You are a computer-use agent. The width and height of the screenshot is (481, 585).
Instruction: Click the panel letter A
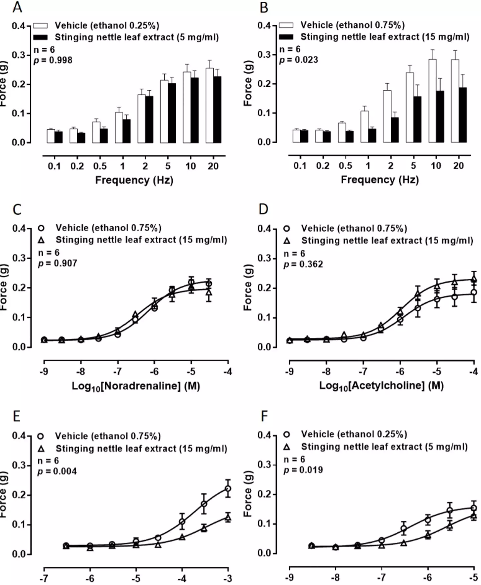pos(17,7)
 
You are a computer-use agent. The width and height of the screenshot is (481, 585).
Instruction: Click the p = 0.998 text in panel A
pos(53,60)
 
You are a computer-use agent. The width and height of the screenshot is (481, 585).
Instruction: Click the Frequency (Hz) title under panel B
pos(379,180)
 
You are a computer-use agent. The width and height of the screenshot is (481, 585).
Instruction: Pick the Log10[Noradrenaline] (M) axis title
pos(136,386)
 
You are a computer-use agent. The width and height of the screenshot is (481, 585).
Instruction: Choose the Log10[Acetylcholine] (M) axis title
pos(381,386)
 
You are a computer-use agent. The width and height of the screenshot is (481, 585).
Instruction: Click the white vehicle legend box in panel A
pos(40,25)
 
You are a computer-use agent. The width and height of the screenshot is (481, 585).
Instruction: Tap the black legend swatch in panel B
pos(286,37)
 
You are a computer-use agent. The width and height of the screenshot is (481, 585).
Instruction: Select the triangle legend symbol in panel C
pos(41,240)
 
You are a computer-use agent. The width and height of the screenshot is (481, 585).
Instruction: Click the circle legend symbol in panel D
pos(287,229)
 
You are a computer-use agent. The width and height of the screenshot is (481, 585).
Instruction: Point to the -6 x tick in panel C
pos(154,371)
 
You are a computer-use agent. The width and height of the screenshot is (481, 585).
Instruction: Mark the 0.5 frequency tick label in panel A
pos(100,166)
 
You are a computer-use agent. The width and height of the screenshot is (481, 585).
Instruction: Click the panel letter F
pos(264,416)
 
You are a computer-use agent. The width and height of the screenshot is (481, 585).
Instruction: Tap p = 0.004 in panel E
pos(57,471)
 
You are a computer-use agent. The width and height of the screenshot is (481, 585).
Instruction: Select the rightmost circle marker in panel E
pos(228,489)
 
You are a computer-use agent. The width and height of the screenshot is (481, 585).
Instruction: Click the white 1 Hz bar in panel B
pos(364,126)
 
